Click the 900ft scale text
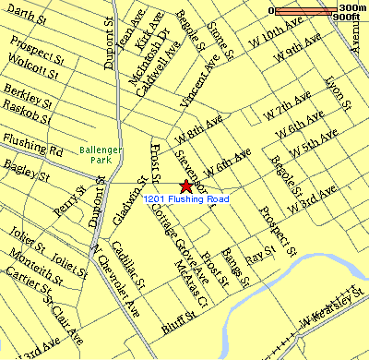tap(346, 18)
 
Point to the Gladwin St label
tap(131, 200)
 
